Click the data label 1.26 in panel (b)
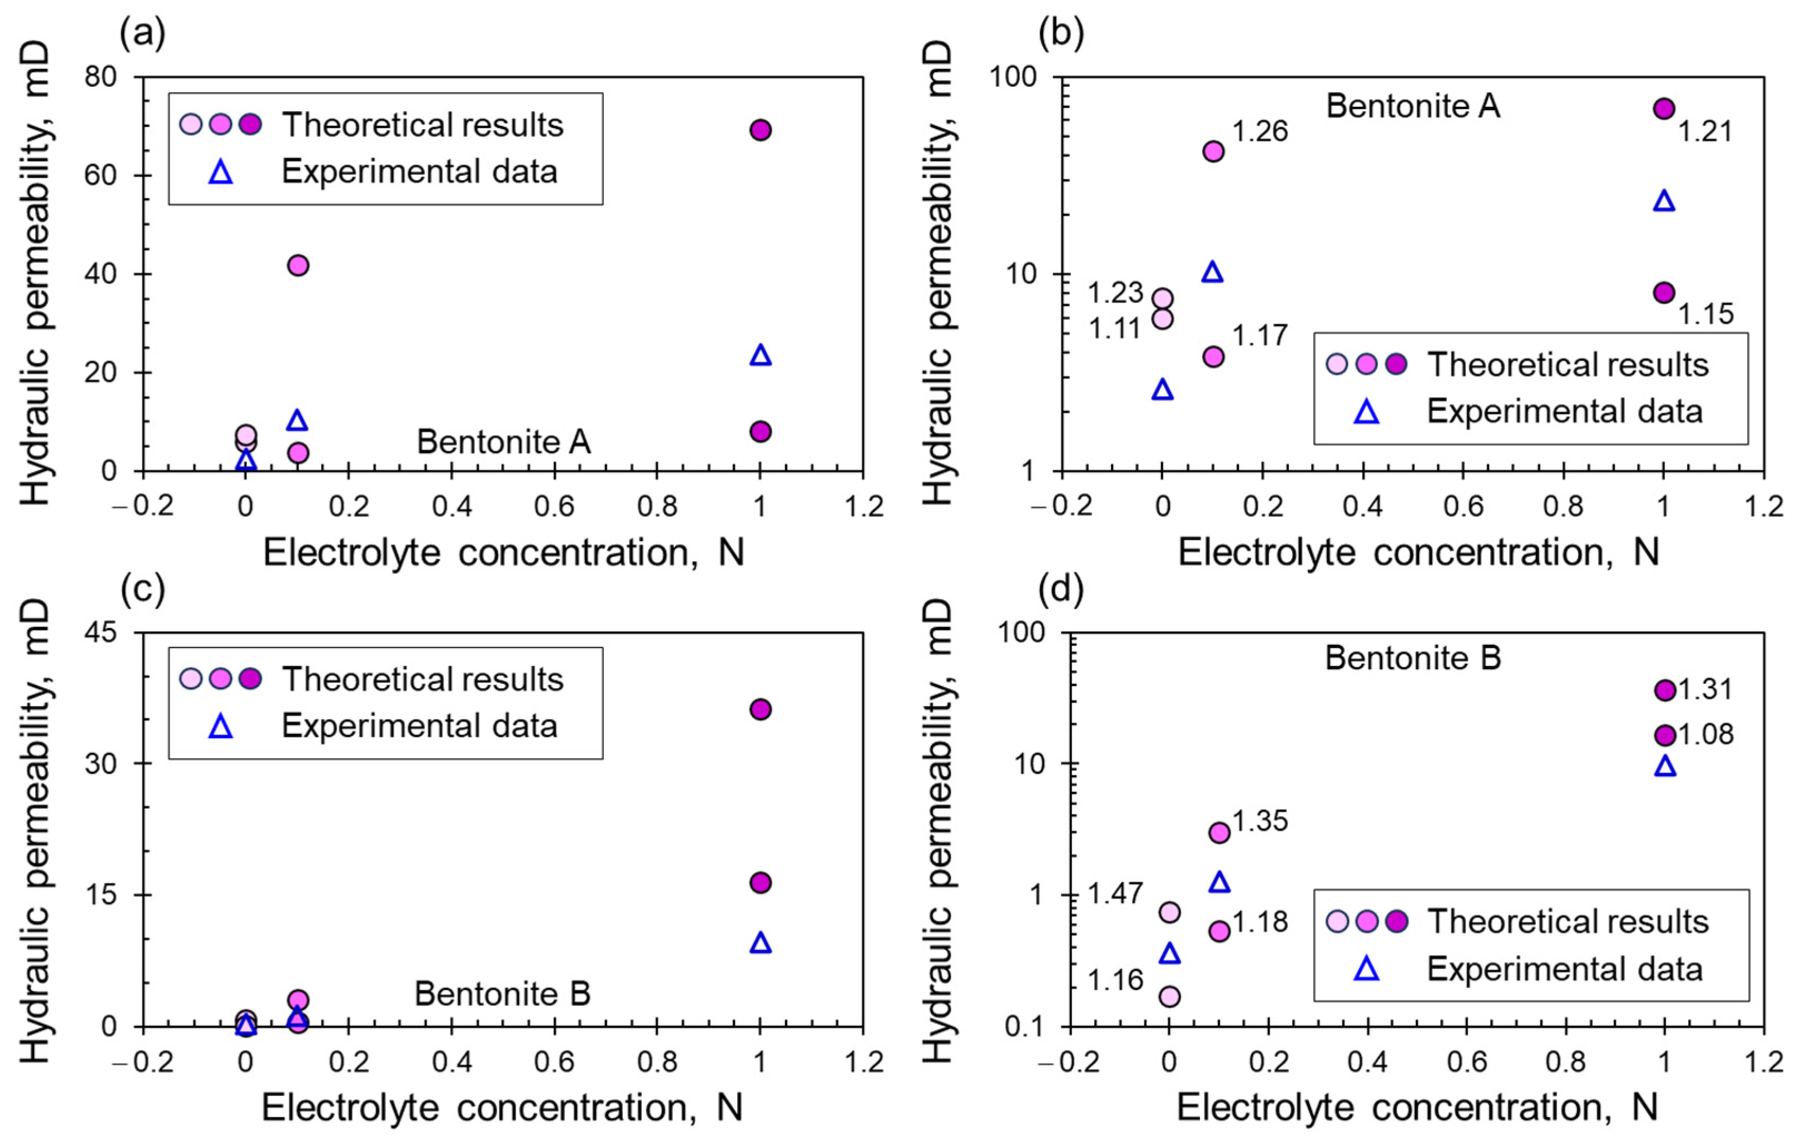coord(1260,131)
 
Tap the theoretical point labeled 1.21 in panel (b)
coord(1664,109)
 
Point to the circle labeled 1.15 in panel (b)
coord(1664,293)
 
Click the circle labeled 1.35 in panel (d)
coord(1219,833)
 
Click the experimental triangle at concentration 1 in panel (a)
coord(760,355)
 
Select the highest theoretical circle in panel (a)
coord(760,130)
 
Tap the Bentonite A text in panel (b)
coord(1413,106)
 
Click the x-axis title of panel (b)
coord(1418,553)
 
